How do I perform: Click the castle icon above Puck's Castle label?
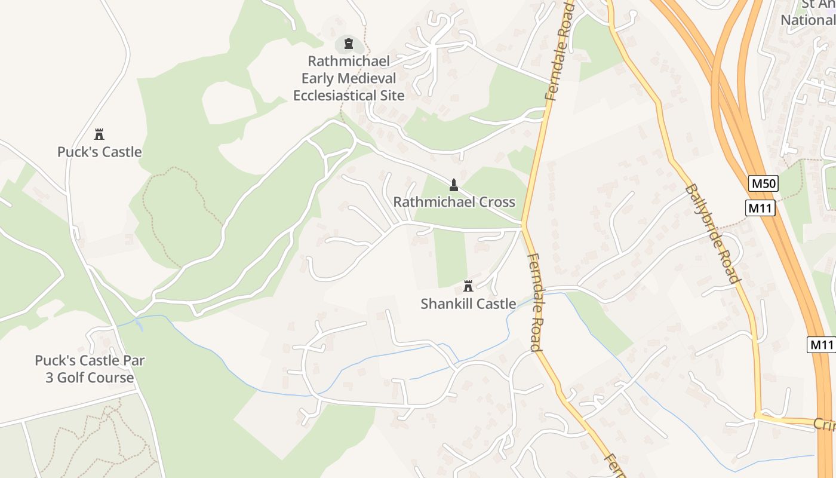[100, 134]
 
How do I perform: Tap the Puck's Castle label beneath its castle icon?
[100, 152]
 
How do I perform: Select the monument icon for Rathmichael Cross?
[454, 185]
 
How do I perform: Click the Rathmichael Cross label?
[454, 202]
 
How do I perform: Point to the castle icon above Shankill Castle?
[468, 286]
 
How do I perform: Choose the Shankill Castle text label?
[468, 304]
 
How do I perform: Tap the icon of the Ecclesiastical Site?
[349, 44]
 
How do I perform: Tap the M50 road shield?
[764, 183]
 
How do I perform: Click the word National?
[807, 20]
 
